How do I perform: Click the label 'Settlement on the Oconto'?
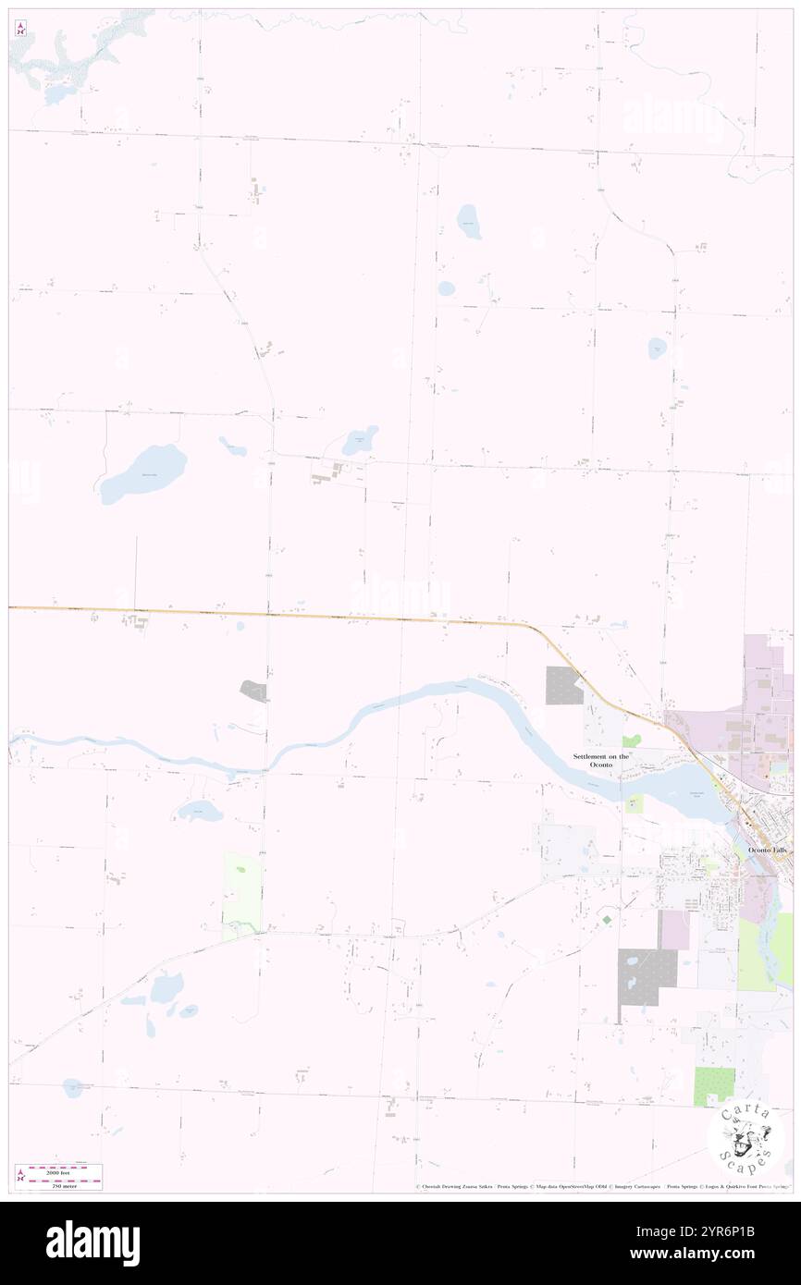point(600,761)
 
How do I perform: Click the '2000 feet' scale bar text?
point(65,1169)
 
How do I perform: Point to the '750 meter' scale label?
point(65,1184)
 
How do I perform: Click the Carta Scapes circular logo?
point(746,1139)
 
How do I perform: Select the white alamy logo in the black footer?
point(92,1243)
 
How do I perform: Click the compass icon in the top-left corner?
point(20,28)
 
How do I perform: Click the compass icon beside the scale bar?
point(20,1176)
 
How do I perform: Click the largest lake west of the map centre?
point(143,472)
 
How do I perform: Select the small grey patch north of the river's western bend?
point(253,691)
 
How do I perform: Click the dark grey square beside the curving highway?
point(563,686)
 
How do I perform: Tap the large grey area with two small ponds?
point(647,976)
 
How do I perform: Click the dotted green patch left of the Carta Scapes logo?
point(714,1086)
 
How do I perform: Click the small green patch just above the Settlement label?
point(632,741)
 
